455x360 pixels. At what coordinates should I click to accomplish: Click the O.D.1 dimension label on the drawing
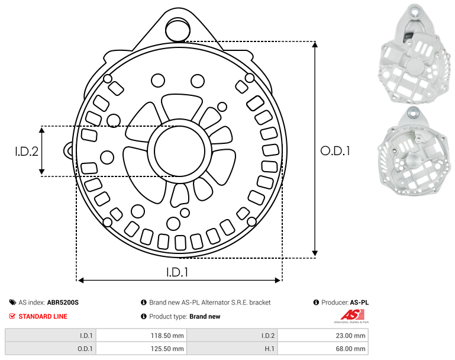click(x=335, y=151)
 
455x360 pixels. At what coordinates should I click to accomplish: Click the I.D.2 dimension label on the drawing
click(x=27, y=152)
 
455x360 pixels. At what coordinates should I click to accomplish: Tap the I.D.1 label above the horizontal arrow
click(x=178, y=272)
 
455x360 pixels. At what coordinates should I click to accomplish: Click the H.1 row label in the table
click(x=270, y=348)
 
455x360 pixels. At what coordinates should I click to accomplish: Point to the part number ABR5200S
click(x=63, y=303)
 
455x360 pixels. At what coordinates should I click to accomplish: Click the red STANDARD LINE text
click(x=43, y=316)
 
